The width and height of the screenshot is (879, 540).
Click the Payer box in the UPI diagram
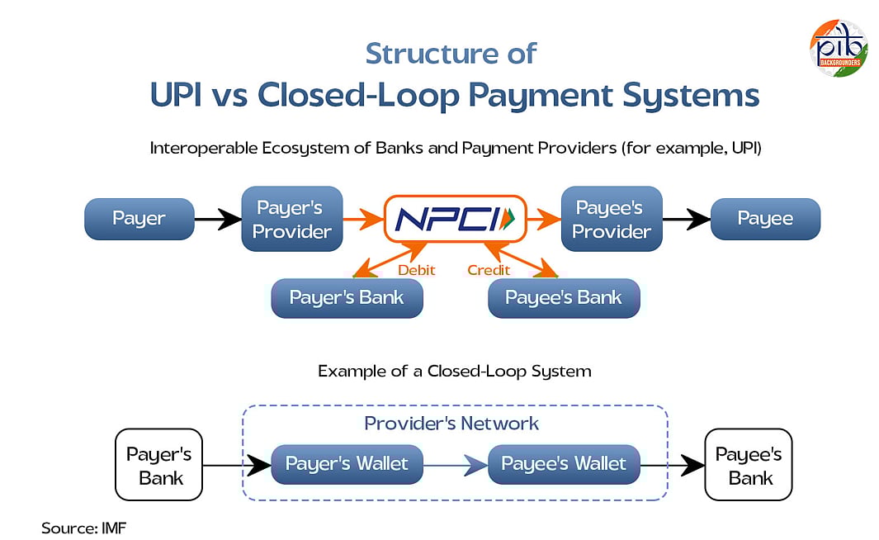point(139,219)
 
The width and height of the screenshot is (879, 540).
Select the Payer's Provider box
point(291,219)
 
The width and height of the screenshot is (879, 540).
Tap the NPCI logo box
point(455,219)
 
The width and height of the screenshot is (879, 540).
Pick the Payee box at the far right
point(765,219)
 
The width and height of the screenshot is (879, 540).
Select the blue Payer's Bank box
point(347,298)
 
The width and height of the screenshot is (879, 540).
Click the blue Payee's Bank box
point(564,298)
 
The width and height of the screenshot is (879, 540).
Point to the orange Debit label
point(417,269)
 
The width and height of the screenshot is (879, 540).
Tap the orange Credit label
point(489,269)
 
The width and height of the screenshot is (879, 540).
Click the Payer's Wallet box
point(347,464)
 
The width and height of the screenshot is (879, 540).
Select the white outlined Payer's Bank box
point(158,465)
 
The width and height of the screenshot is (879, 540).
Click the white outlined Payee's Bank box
point(749,465)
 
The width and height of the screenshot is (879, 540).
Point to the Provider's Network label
point(451,424)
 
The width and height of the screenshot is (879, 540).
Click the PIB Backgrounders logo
point(838,48)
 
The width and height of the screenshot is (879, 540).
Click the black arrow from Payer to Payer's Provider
point(217,219)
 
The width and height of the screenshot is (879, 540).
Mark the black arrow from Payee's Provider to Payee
point(687,219)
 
